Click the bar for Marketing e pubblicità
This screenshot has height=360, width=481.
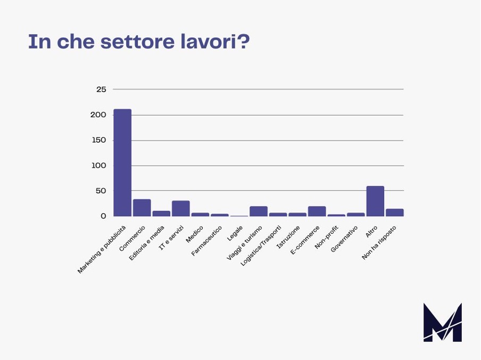coord(122,163)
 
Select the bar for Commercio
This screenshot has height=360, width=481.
coord(142,208)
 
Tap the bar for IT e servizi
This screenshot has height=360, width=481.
coord(181,208)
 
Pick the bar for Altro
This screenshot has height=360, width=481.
coord(375,201)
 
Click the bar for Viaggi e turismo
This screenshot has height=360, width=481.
coord(259,211)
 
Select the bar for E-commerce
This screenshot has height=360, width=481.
coord(317,211)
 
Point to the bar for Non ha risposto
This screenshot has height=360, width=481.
coord(395,212)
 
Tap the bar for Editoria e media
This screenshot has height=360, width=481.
coord(161,214)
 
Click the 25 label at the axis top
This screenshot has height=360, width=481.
coord(101,89)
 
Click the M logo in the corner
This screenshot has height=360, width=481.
coord(442,322)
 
